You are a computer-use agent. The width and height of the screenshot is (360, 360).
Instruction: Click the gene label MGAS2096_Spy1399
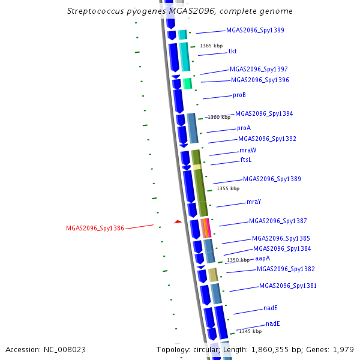[255, 30]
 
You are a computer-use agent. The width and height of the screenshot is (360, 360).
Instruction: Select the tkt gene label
[232, 52]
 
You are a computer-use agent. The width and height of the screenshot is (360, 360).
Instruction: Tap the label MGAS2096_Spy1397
[259, 70]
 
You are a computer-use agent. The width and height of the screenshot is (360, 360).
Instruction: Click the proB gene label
[239, 95]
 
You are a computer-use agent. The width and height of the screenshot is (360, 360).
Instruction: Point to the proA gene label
[244, 128]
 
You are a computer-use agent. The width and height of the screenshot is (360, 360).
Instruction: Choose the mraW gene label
[248, 151]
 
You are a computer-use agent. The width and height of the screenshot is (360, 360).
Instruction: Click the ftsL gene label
[246, 160]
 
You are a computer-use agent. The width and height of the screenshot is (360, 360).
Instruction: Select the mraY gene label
[254, 202]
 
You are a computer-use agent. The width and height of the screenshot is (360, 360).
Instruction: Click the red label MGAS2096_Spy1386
[95, 228]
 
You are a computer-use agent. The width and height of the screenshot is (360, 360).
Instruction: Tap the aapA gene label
[262, 259]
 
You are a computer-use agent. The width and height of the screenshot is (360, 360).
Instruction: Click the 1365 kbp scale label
[211, 46]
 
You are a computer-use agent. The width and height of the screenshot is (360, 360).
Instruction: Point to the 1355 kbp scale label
[228, 188]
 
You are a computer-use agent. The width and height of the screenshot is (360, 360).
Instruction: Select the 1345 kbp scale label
[250, 331]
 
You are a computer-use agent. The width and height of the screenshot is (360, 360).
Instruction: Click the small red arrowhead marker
[178, 221]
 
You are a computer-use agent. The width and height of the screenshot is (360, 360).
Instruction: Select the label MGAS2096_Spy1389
[272, 179]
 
